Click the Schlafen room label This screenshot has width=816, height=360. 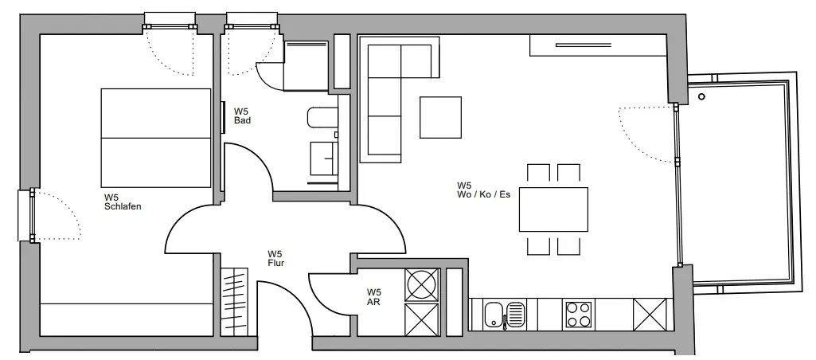(x=122, y=202)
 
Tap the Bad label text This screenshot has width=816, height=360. (x=242, y=115)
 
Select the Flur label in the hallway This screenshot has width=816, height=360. (x=276, y=257)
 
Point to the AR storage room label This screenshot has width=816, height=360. (x=373, y=297)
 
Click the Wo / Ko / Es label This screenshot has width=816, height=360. (x=482, y=190)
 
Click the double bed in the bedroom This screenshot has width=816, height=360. (x=155, y=137)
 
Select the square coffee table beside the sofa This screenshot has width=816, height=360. (x=441, y=117)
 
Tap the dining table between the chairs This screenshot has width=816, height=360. (x=553, y=209)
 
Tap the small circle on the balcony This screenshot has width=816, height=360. (x=701, y=96)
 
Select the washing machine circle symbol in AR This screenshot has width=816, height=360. (x=422, y=283)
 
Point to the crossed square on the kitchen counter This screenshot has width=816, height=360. (x=650, y=312)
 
